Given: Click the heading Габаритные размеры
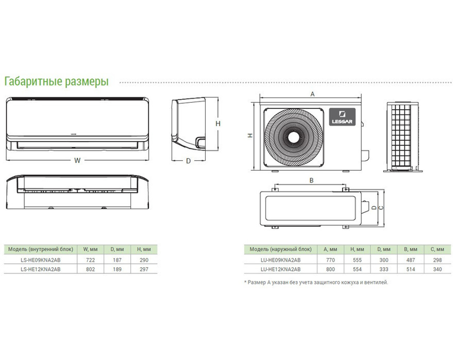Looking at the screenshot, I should (x=56, y=82).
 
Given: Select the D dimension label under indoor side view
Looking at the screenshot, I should (x=188, y=161).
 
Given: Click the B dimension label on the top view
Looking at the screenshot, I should (x=311, y=180).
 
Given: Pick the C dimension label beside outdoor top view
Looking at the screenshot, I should (x=381, y=207).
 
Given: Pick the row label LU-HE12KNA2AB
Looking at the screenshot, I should (x=281, y=269).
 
